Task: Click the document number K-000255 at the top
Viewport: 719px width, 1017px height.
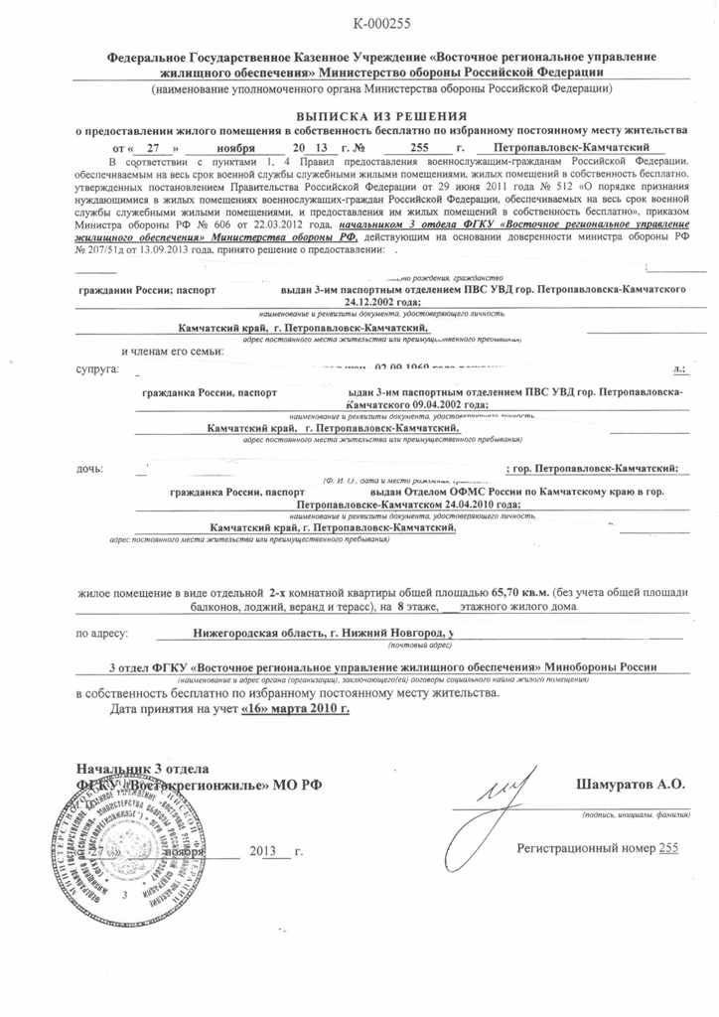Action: pyautogui.click(x=381, y=23)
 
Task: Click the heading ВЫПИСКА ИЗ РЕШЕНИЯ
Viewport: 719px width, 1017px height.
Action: pyautogui.click(x=381, y=116)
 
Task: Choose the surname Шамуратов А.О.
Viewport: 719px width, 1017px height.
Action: pyautogui.click(x=630, y=784)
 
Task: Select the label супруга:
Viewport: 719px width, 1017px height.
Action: pyautogui.click(x=97, y=369)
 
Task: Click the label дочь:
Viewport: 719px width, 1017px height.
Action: pyautogui.click(x=90, y=467)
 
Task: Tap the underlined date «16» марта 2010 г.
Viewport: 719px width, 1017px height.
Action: pyautogui.click(x=295, y=710)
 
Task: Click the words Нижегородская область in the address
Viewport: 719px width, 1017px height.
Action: pyautogui.click(x=260, y=632)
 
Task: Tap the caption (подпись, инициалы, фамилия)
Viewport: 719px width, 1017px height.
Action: pyautogui.click(x=637, y=814)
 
